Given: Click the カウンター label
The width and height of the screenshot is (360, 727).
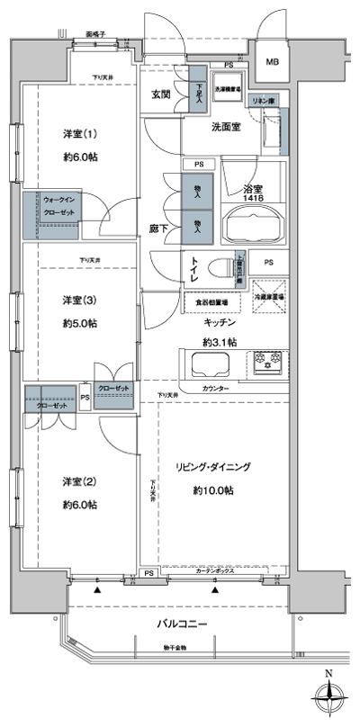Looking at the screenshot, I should click(x=216, y=388).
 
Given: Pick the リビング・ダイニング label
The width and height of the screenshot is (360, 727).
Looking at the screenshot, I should click(x=213, y=466).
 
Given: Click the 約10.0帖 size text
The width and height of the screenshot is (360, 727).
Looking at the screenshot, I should click(x=212, y=490).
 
